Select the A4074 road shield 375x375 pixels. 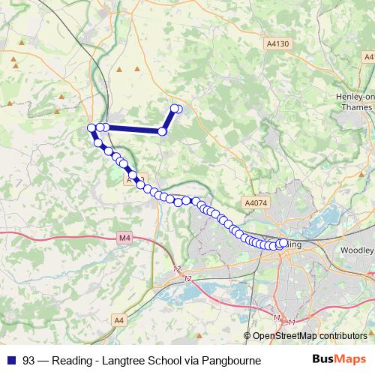[255, 202]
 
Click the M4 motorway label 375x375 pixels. [124, 239]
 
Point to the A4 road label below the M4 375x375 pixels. [119, 320]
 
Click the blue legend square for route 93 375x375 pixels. [10, 361]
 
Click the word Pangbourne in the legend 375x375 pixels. [232, 361]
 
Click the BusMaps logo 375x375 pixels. [339, 360]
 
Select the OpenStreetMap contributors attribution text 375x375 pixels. [310, 336]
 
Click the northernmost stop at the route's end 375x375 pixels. [175, 109]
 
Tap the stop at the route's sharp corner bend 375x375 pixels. [162, 131]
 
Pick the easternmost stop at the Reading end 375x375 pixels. [283, 242]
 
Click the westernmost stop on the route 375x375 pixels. [91, 127]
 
